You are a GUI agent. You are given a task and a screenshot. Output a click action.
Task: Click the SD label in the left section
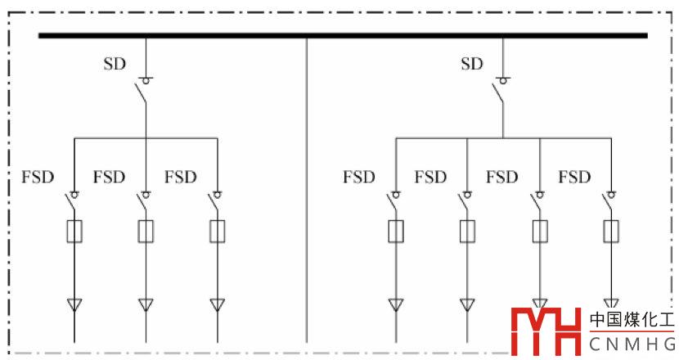[x=115, y=64]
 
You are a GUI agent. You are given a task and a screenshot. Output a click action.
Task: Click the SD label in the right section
[x=472, y=64]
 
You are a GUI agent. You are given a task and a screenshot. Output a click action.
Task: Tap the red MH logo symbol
[x=544, y=332]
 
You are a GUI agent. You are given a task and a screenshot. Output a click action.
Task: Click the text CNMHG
[x=633, y=344]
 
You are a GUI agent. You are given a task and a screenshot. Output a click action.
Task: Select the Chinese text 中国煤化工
[x=633, y=320]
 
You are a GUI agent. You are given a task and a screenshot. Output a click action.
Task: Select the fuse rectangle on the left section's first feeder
[x=74, y=232]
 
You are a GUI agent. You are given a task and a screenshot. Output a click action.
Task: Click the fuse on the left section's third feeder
[x=218, y=232]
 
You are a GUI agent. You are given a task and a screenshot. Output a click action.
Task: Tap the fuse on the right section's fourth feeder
[x=611, y=232]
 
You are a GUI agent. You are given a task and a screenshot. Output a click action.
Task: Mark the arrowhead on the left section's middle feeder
[x=146, y=305]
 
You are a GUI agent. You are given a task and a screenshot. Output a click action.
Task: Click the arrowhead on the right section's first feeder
[x=396, y=305]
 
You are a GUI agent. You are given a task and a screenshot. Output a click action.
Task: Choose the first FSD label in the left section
[x=37, y=177]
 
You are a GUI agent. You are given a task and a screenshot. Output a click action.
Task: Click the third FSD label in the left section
[x=180, y=177]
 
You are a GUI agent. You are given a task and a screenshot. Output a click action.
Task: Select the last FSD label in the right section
[x=573, y=177]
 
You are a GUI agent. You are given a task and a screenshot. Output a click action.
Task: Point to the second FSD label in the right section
[x=430, y=177]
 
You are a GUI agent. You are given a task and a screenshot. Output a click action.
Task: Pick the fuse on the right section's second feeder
[x=468, y=232]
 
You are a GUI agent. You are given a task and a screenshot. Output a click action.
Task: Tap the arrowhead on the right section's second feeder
[x=468, y=305]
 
